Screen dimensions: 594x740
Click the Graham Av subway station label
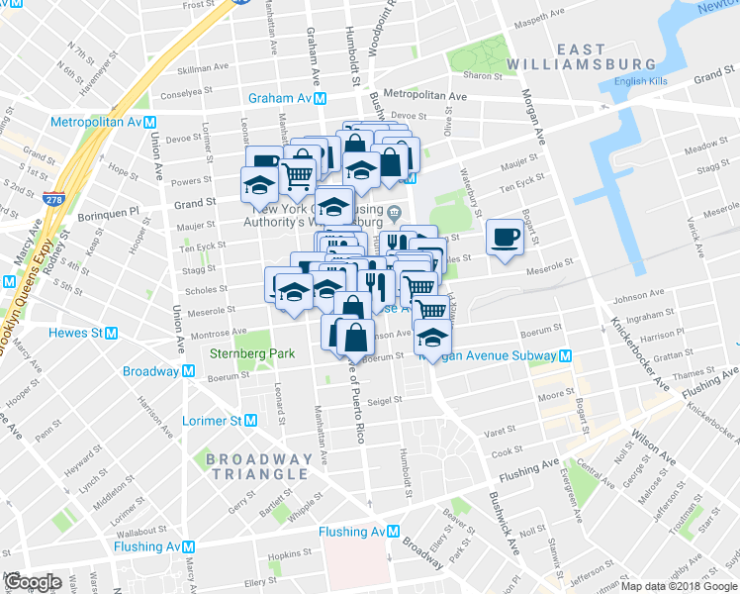point(288,99)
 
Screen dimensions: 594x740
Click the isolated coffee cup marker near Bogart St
point(506,238)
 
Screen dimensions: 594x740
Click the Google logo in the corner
point(33,582)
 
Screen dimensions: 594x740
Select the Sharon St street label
point(483,75)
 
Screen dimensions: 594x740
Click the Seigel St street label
point(384,401)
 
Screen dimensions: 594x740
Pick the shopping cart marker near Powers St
point(298,175)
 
